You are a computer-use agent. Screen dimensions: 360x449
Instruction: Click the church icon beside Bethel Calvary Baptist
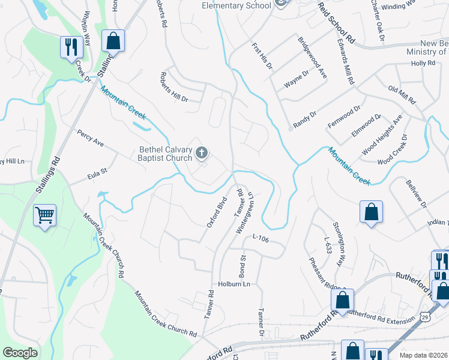tap(202, 153)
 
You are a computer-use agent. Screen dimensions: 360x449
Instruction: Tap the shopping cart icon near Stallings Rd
tap(45, 215)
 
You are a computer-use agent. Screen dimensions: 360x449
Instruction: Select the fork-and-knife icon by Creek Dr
tap(71, 47)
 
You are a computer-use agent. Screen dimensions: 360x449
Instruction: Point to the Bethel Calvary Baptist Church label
tap(166, 154)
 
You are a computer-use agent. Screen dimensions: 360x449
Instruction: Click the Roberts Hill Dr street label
tap(173, 87)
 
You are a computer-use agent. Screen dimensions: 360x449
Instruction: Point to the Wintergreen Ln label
tap(247, 212)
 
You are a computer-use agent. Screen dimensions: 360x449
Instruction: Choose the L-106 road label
tap(260, 239)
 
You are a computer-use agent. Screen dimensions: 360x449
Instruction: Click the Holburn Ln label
tap(234, 284)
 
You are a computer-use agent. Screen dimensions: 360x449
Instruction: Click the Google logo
tap(20, 353)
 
